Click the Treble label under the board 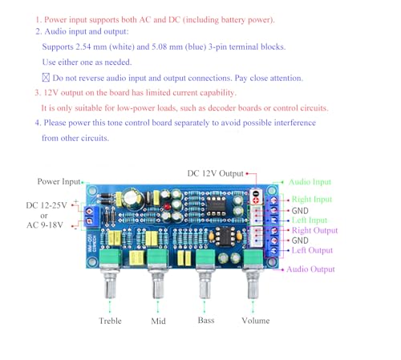click(110, 321)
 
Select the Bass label click(205, 321)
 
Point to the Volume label click(261, 321)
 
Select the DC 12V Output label click(216, 172)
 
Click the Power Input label click(60, 181)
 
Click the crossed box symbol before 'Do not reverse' click(46, 78)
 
